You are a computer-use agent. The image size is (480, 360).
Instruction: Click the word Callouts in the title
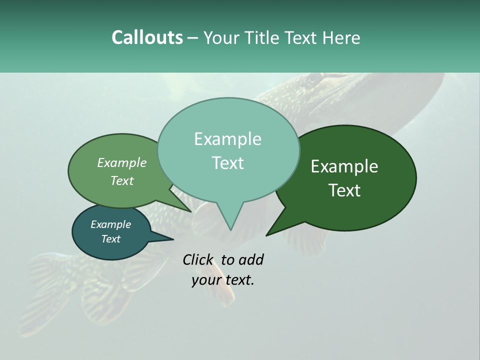[147, 37]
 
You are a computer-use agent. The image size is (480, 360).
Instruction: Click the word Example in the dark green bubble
[344, 166]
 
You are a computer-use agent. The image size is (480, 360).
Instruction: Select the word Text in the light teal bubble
[228, 163]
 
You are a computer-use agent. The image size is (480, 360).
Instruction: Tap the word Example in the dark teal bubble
[110, 224]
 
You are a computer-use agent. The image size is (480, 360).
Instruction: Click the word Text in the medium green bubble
[121, 181]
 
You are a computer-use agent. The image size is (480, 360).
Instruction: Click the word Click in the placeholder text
[197, 259]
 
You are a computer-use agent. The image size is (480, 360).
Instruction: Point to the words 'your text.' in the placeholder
[222, 280]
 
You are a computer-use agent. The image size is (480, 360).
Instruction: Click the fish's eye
[312, 79]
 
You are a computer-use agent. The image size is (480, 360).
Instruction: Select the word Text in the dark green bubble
[344, 190]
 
